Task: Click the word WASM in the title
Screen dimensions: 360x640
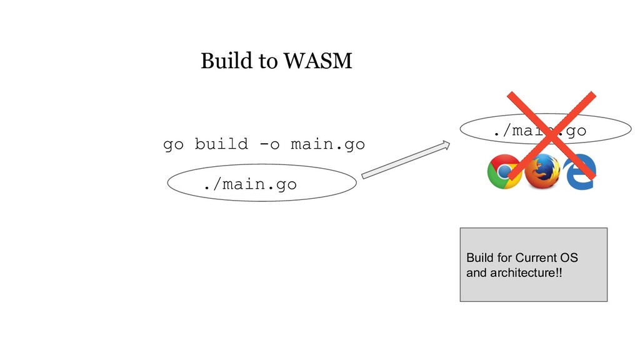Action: point(317,61)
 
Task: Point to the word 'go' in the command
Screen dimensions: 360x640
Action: point(173,145)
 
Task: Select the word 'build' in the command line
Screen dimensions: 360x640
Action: point(220,144)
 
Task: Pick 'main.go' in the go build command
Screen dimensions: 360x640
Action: point(329,144)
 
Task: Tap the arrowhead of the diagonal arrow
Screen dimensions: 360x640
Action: point(445,146)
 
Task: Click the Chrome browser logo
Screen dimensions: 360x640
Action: point(504,171)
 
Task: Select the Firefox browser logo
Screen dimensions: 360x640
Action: point(542,171)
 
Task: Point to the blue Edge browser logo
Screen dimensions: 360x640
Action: point(579,171)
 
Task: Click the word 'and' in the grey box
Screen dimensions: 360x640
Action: point(476,272)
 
